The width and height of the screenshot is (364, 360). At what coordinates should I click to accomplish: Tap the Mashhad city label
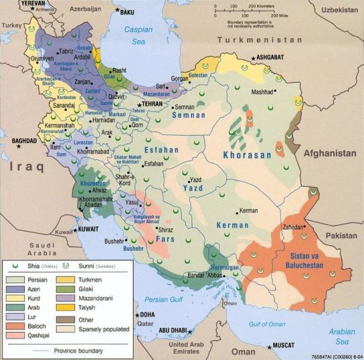click(x=262, y=92)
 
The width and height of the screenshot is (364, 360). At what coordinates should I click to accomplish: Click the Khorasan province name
click(x=247, y=155)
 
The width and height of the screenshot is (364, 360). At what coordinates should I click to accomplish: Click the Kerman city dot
click(x=238, y=210)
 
